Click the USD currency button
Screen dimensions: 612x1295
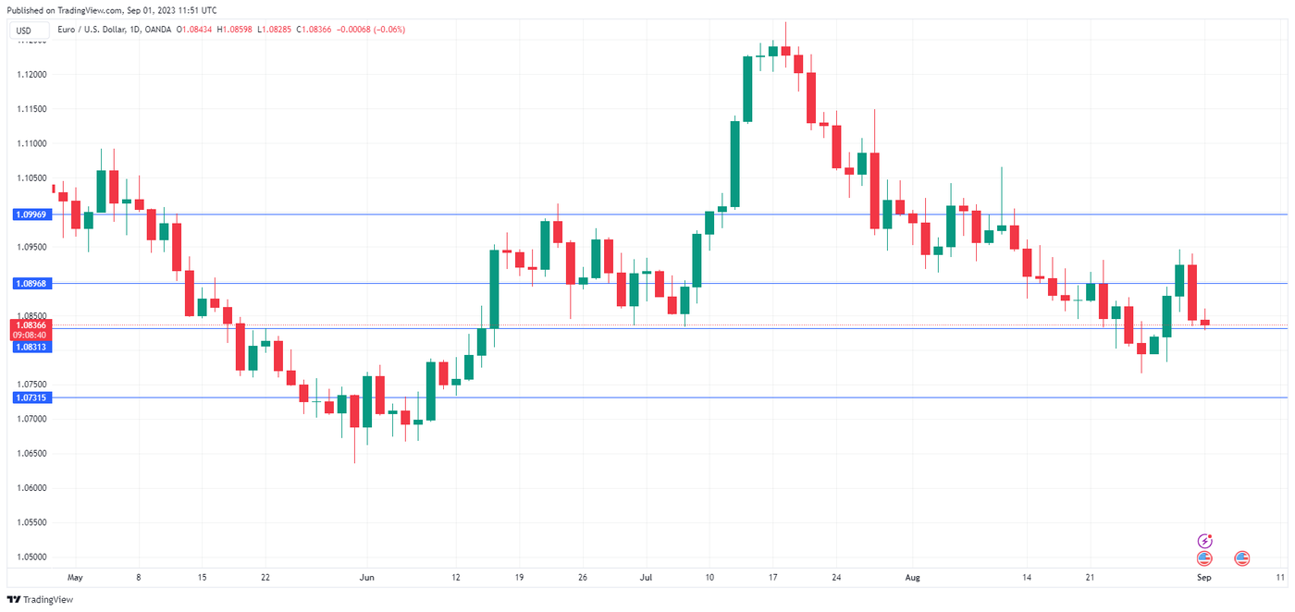coord(24,31)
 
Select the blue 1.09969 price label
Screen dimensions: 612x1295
coord(31,214)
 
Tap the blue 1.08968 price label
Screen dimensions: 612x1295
coord(31,284)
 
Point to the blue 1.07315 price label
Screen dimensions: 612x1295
coord(31,398)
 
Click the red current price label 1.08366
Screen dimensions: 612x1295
coord(31,325)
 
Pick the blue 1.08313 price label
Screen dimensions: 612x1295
coord(31,347)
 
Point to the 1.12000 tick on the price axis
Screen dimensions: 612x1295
coord(31,74)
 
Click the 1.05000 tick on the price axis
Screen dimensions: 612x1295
coord(31,557)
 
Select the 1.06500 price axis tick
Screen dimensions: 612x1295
coord(31,453)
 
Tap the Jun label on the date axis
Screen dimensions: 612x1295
coord(366,578)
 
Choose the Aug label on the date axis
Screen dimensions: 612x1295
coord(913,578)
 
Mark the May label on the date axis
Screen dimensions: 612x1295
coord(75,578)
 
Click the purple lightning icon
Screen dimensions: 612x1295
coord(1204,541)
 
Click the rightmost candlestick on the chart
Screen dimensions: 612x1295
coord(1205,322)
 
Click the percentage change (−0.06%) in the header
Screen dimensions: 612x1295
coord(387,30)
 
